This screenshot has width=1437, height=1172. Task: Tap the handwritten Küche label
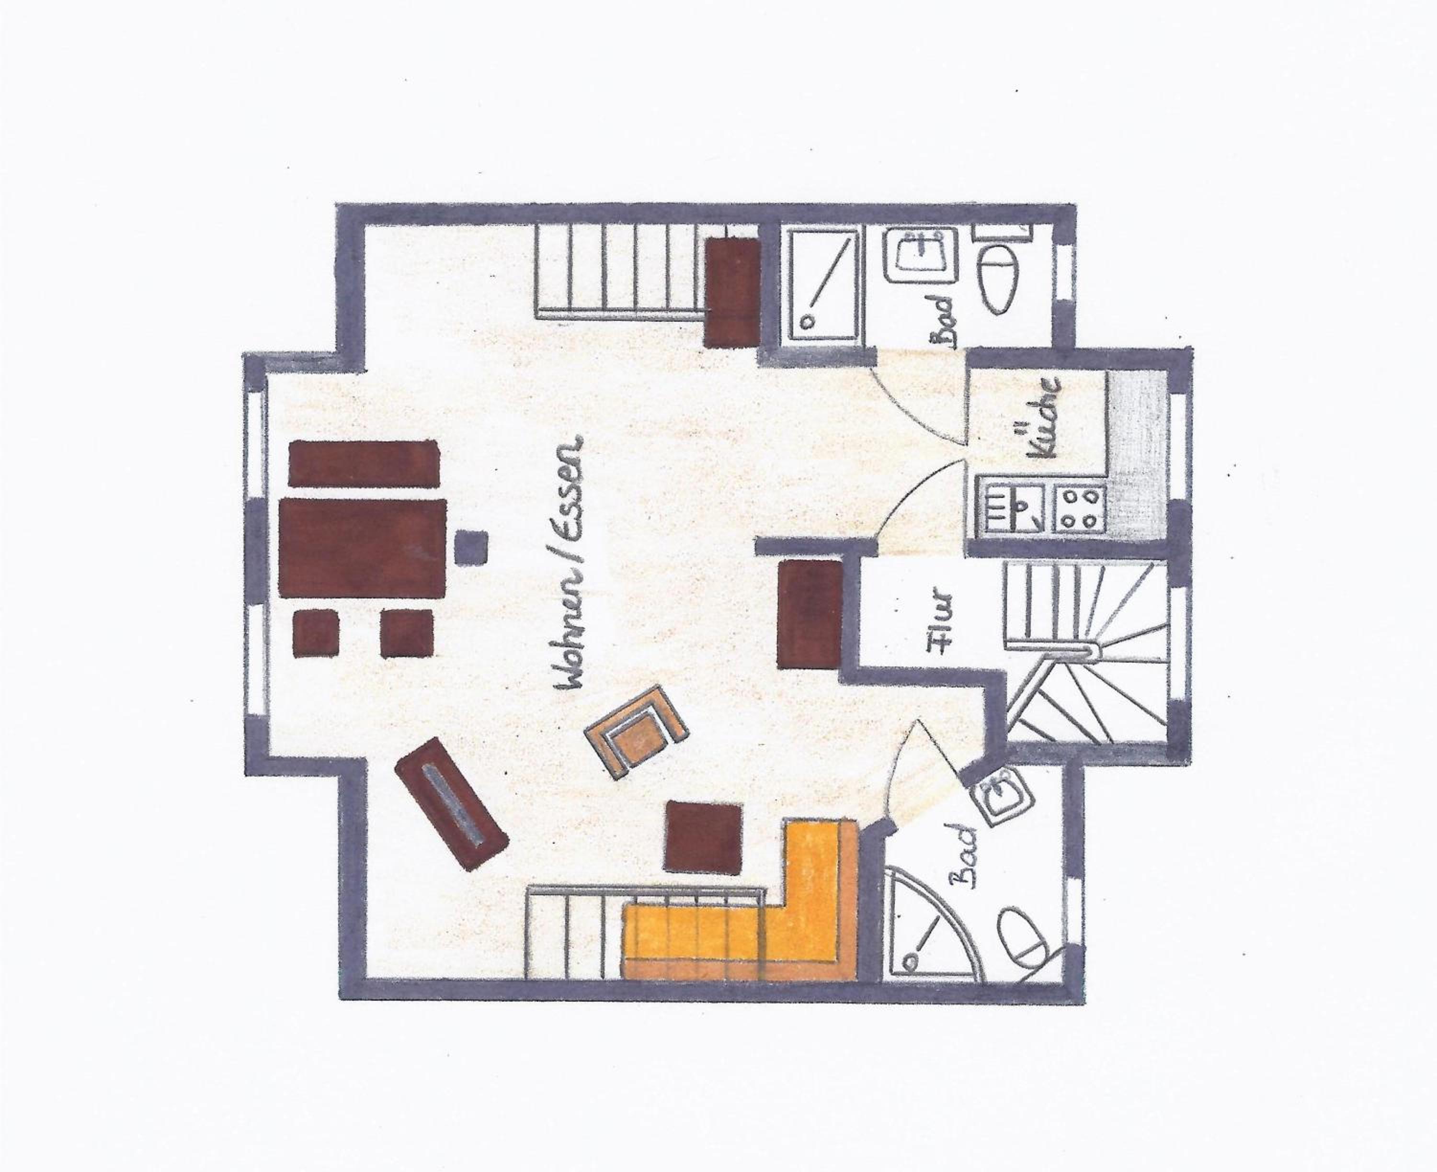click(1039, 418)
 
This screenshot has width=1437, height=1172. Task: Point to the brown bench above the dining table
click(362, 462)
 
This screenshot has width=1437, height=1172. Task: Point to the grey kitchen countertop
click(1138, 452)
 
